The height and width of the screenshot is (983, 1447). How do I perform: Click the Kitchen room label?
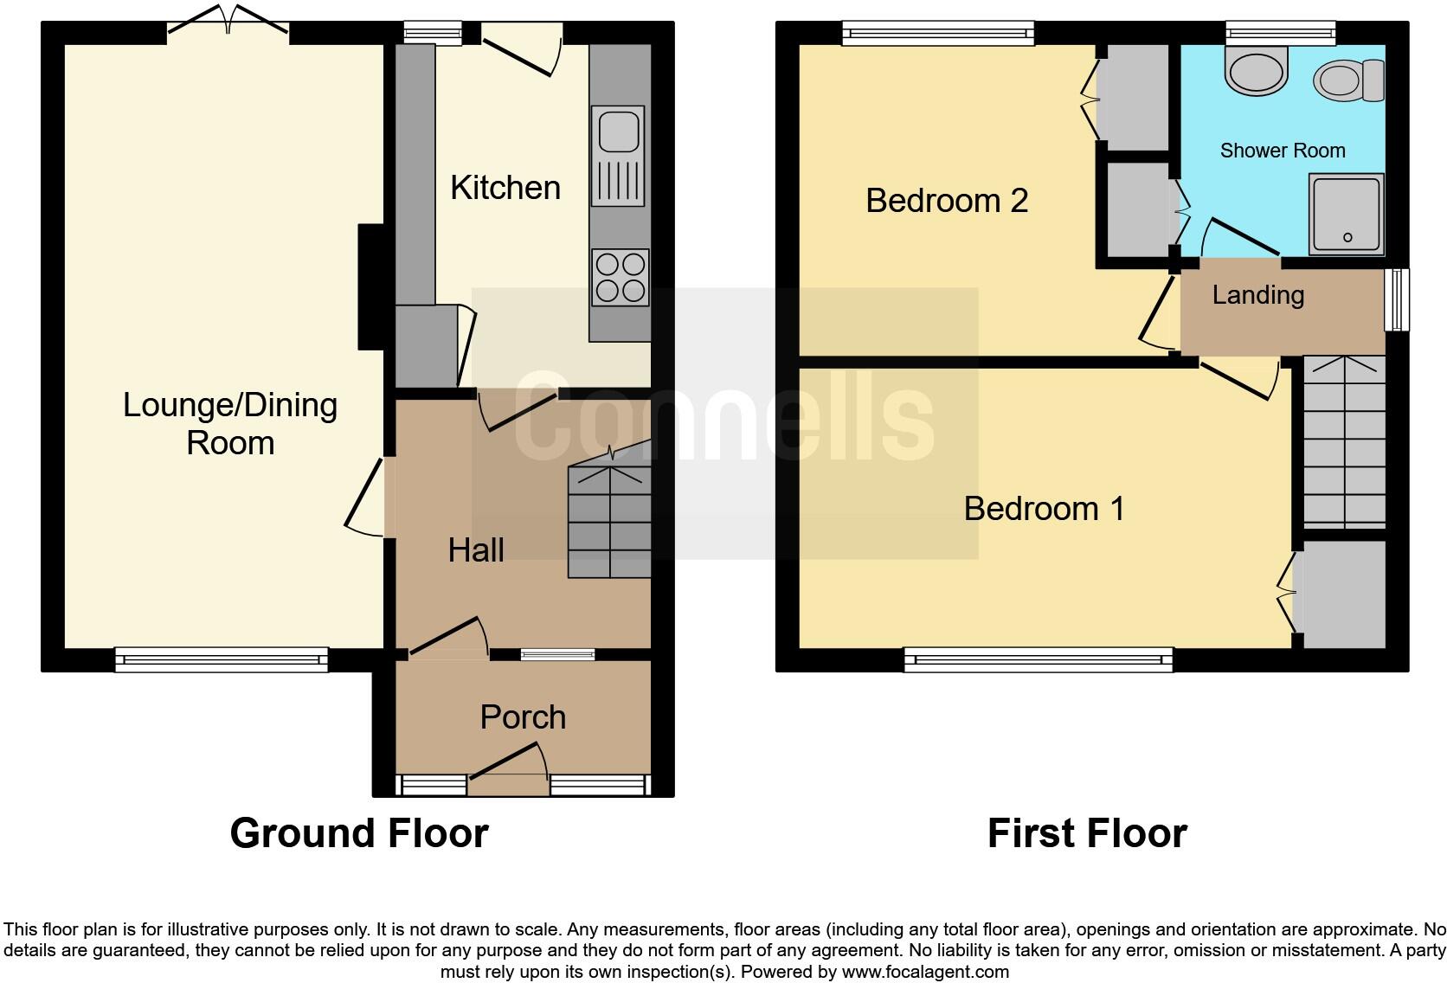pos(505,188)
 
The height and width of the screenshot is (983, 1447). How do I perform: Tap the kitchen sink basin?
pos(618,131)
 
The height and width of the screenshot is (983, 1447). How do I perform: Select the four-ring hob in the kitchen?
pos(620,277)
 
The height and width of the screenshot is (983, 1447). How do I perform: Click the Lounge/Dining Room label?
pos(230,423)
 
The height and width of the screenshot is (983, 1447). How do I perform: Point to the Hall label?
pos(476,550)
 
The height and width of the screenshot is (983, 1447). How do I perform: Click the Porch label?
pos(523,717)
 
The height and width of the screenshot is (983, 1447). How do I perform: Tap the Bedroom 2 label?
pos(947,201)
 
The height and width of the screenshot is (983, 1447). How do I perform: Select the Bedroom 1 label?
pos(1045,509)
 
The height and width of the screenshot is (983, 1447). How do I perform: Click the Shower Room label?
pos(1283,151)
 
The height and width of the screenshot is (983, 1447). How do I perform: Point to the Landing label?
pos(1258,295)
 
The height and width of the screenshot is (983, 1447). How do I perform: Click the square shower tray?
pos(1346,214)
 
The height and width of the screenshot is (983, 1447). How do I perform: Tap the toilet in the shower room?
pos(1348,80)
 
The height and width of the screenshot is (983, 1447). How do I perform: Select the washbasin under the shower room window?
pos(1257,69)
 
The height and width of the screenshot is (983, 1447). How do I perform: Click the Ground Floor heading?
pos(359,833)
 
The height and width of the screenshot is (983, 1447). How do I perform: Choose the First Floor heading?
pos(1087,833)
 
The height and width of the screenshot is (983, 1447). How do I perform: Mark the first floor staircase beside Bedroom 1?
pos(1344,443)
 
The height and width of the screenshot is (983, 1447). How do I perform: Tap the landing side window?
pos(1396,299)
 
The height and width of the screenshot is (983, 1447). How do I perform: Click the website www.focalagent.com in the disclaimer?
pos(925,972)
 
